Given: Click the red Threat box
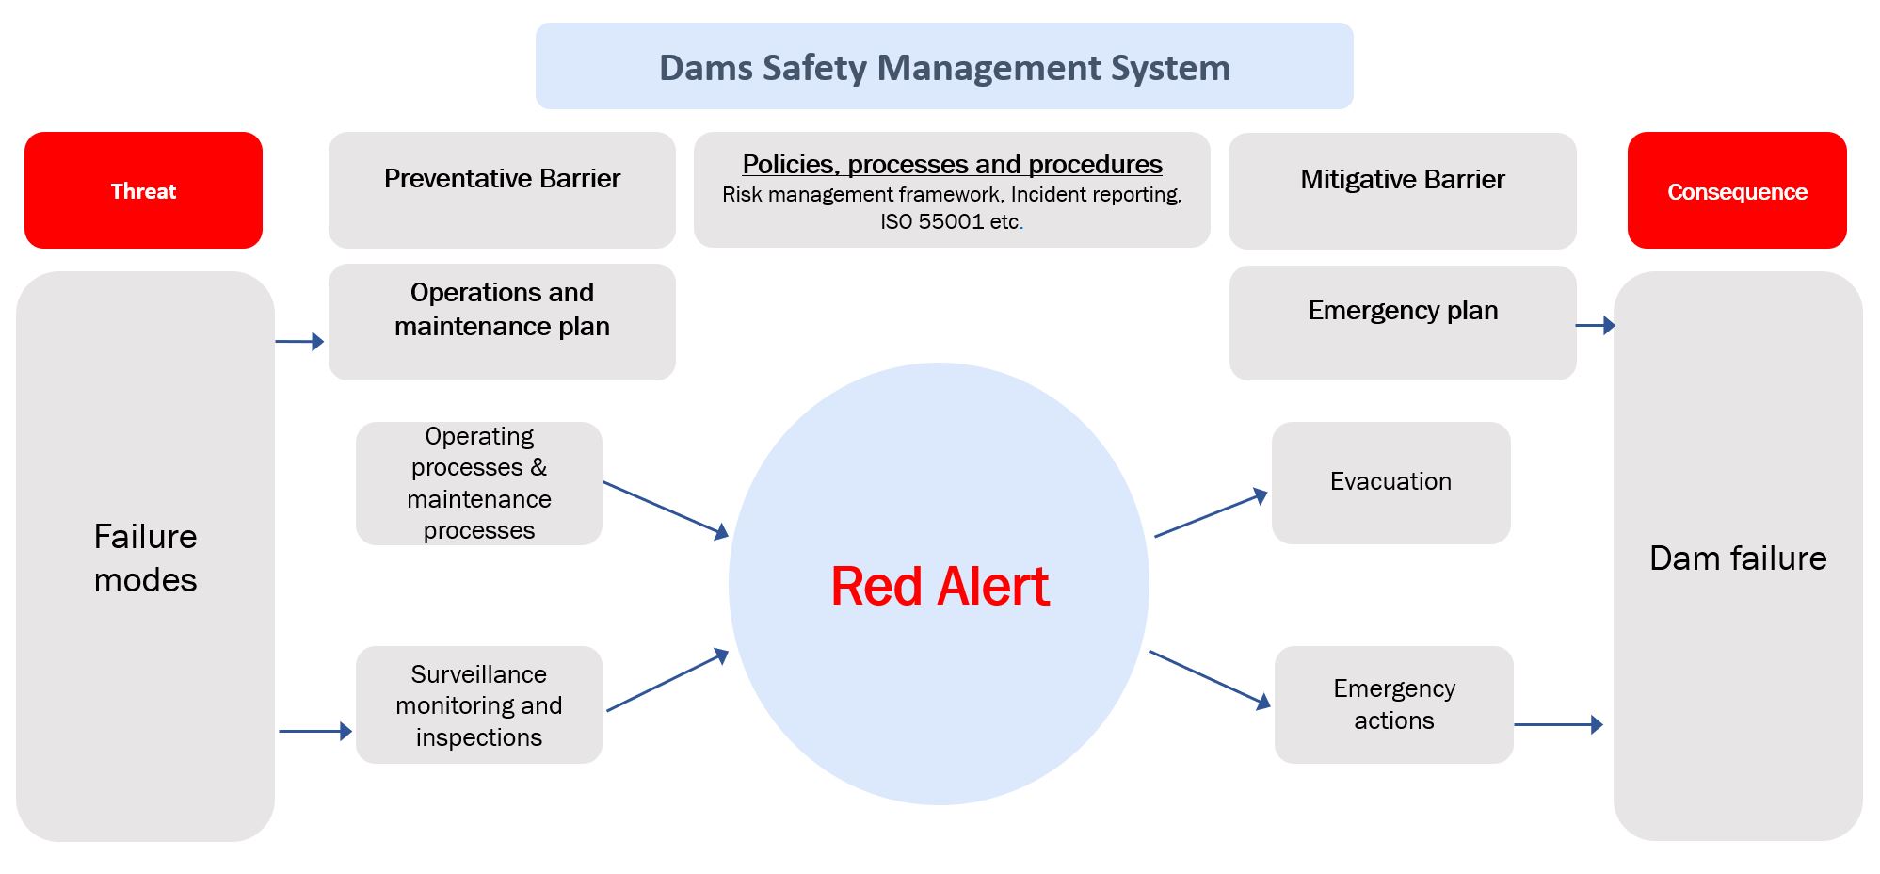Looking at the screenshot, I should pos(143,190).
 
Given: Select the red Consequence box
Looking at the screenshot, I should pos(1737,191).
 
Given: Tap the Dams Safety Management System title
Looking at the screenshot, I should pos(944,67).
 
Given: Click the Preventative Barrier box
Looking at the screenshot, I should pos(502,189).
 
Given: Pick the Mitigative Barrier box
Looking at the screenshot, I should pos(1402,190).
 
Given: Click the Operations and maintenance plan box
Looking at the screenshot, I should pos(502,321).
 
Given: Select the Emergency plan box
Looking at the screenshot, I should pos(1402,322).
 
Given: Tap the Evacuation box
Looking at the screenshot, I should pos(1390,482).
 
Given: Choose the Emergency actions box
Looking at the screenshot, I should pos(1393,704).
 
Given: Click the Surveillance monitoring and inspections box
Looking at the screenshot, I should pos(478,704).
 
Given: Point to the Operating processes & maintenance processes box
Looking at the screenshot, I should pos(478,483).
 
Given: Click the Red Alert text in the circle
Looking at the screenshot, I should pos(940,586).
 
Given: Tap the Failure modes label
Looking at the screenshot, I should pos(145,558).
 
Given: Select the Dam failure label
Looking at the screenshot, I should pos(1738,558).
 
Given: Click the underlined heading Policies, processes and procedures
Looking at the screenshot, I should pos(952,164).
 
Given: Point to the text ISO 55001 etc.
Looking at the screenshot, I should pos(951,221).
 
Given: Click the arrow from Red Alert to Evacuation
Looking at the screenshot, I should pos(1211,514).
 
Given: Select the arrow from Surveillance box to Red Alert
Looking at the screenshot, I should pos(667,681).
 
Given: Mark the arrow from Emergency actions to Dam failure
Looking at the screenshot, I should pos(1558,724).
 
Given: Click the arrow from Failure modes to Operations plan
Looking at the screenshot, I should pos(299,341).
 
